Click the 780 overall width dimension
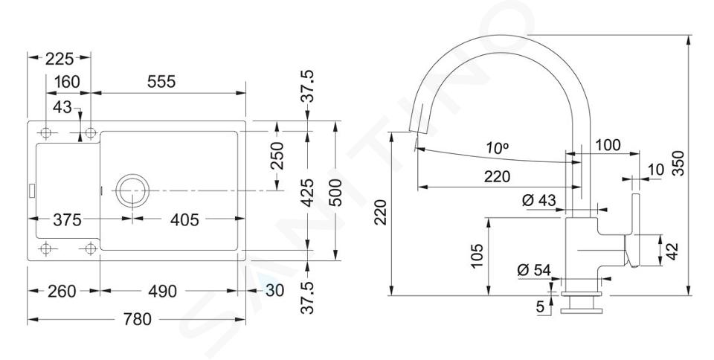[137, 319]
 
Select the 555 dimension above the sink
[161, 82]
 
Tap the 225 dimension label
[59, 59]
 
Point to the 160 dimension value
[67, 82]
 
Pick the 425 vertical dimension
[308, 193]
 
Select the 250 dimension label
[277, 155]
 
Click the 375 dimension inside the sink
[67, 220]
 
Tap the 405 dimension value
[184, 220]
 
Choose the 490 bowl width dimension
[163, 292]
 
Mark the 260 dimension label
[62, 292]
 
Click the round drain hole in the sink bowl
[132, 190]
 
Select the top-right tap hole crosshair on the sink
[91, 133]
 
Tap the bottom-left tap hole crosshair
[45, 248]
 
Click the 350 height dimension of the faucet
[678, 163]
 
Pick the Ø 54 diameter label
[534, 270]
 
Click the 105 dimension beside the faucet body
[477, 256]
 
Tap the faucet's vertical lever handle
[633, 231]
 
